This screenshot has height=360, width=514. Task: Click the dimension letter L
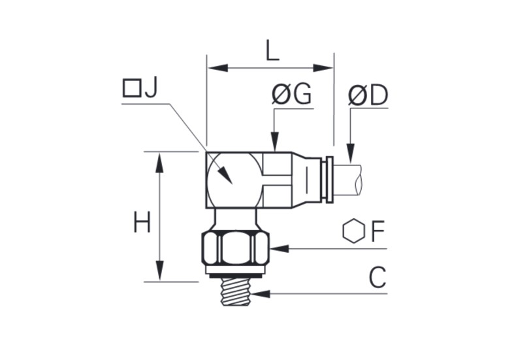pyautogui.click(x=272, y=52)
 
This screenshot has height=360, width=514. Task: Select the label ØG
pyautogui.click(x=291, y=95)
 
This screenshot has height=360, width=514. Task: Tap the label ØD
pyautogui.click(x=368, y=95)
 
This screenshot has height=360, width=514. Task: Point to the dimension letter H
pyautogui.click(x=142, y=222)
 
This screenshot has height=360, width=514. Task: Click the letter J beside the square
pyautogui.click(x=151, y=88)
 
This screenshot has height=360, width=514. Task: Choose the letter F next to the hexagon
pyautogui.click(x=377, y=231)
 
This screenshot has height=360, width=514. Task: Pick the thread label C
pyautogui.click(x=377, y=278)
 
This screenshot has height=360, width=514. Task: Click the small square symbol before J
pyautogui.click(x=132, y=88)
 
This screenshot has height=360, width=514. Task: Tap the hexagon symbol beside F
pyautogui.click(x=354, y=231)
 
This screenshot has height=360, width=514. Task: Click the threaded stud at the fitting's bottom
pyautogui.click(x=235, y=291)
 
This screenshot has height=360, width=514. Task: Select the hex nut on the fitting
pyautogui.click(x=236, y=248)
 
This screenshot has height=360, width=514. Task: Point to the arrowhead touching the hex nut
pyautogui.click(x=279, y=248)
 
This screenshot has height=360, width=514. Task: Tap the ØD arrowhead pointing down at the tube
pyautogui.click(x=351, y=153)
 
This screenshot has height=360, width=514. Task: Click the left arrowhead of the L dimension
pyautogui.click(x=217, y=68)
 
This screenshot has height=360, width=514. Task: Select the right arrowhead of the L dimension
pyautogui.click(x=323, y=68)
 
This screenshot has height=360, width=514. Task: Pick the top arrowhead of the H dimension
pyautogui.click(x=159, y=163)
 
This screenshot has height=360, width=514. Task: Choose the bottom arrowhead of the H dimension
pyautogui.click(x=159, y=271)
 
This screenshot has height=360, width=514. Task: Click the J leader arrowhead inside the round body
pyautogui.click(x=225, y=176)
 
